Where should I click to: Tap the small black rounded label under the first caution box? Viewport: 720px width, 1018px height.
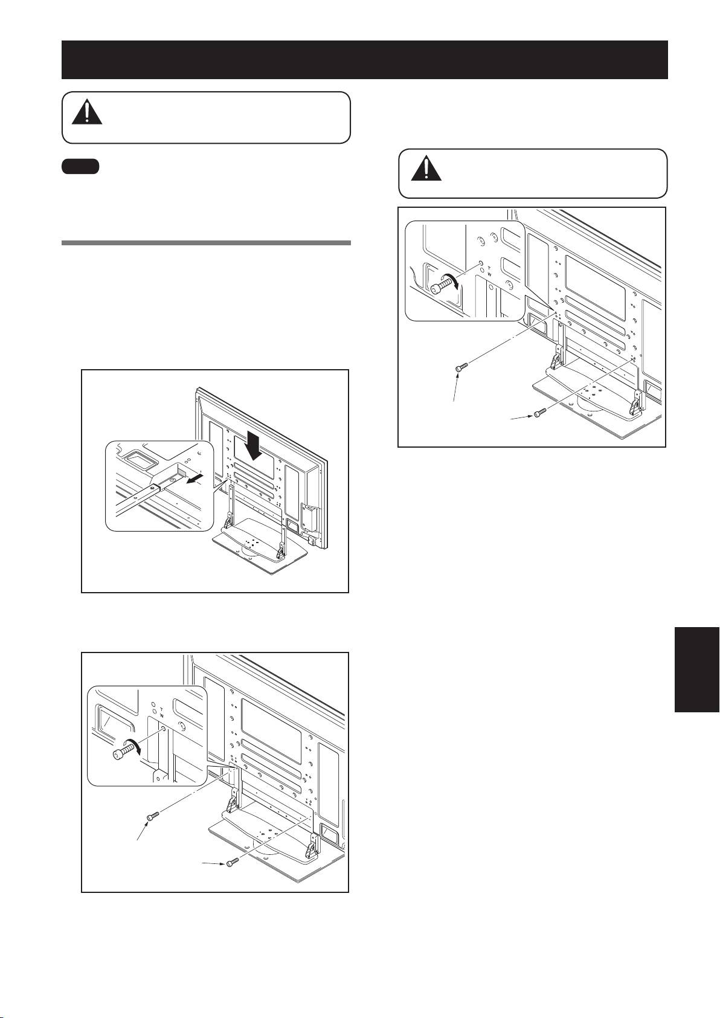pos(80,166)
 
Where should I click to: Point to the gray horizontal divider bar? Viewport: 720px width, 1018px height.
pos(206,243)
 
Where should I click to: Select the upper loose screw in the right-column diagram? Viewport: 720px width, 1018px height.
pos(461,368)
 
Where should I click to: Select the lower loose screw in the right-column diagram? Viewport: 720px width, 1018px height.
pos(539,413)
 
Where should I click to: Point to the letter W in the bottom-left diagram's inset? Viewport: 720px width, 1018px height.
pos(161,715)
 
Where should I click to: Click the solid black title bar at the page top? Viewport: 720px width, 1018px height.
pos(364,60)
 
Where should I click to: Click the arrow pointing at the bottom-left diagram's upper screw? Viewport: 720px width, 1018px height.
pos(144,835)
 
